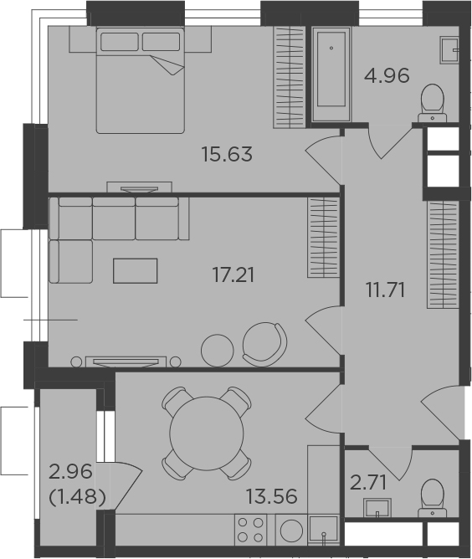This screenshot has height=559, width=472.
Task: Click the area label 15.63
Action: (227, 154)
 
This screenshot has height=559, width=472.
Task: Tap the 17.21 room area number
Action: (233, 275)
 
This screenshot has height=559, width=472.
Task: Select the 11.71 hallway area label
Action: (385, 290)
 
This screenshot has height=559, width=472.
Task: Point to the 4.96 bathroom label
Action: (387, 76)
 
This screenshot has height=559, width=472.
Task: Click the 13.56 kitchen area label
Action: (272, 496)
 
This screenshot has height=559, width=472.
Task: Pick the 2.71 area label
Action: (368, 484)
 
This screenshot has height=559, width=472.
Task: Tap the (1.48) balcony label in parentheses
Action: (77, 496)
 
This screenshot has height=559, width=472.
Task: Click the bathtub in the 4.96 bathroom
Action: (331, 74)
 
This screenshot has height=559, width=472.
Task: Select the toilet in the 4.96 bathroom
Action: (433, 104)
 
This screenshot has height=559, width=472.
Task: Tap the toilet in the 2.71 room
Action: (433, 498)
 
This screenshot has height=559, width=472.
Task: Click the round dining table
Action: (207, 433)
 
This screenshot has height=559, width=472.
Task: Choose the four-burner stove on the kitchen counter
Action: (250, 530)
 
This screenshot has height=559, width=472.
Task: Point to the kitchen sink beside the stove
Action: (323, 530)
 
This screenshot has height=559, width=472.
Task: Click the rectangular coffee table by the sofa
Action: (135, 271)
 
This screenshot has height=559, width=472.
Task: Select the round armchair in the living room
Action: (265, 344)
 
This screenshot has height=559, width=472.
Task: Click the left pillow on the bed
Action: (119, 42)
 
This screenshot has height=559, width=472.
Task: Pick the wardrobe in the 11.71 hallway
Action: (443, 254)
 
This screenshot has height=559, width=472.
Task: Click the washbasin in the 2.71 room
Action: (377, 507)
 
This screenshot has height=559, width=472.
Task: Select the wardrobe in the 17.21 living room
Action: (323, 237)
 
